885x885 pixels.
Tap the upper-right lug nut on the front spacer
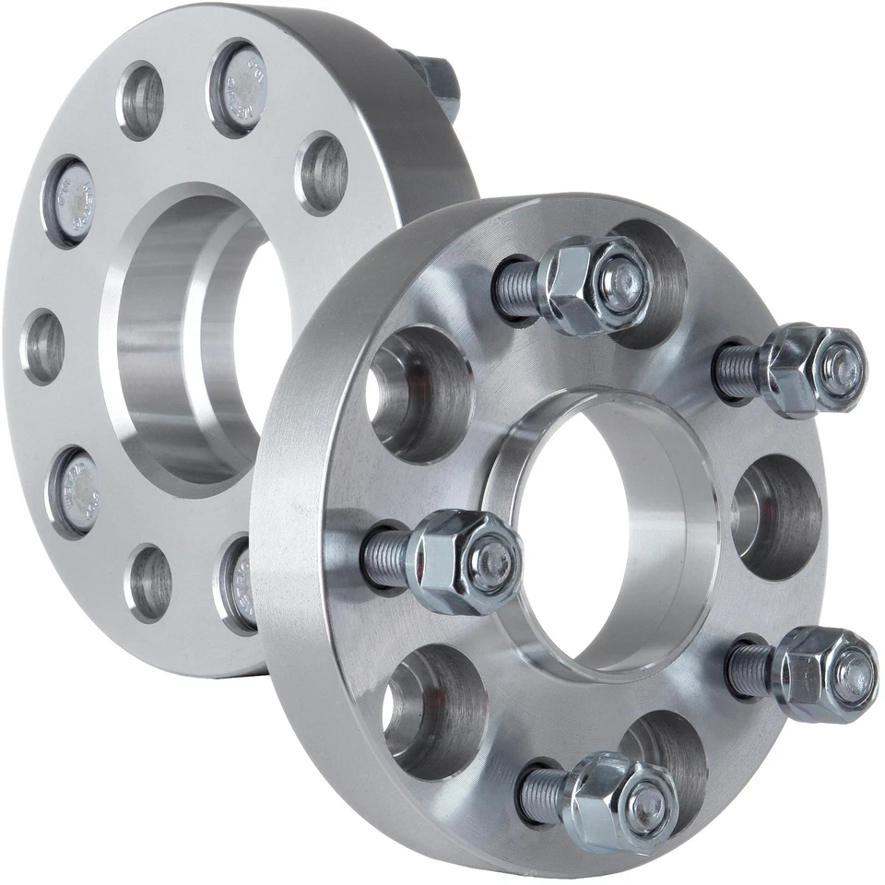point(816,369)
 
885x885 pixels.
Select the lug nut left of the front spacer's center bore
point(466,561)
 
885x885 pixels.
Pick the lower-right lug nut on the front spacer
point(825,672)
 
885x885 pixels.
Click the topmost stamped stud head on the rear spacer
point(242,88)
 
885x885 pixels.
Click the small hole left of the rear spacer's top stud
point(141,100)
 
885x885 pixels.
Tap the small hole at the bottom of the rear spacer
point(150,583)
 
